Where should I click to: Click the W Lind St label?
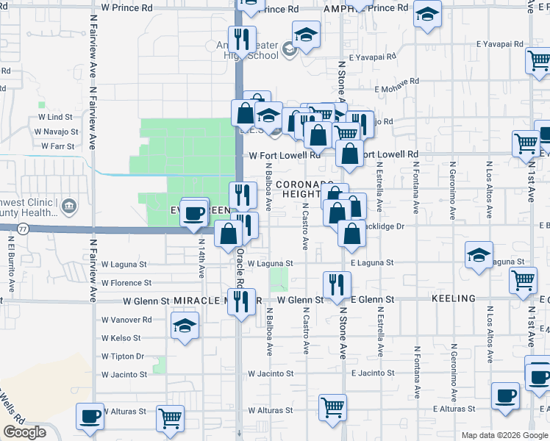pos(55,117)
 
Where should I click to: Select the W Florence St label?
pos(126,282)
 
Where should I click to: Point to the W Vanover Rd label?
pos(126,320)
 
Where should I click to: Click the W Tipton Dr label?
pos(123,356)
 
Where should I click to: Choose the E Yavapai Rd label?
pos(374,56)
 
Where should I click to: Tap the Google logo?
pos(24,432)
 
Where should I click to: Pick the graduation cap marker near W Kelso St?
pos(185,325)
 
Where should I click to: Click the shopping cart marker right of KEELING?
pos(523,279)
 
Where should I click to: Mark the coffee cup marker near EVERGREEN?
pos(193,213)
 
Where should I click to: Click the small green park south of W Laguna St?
pos(278,279)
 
